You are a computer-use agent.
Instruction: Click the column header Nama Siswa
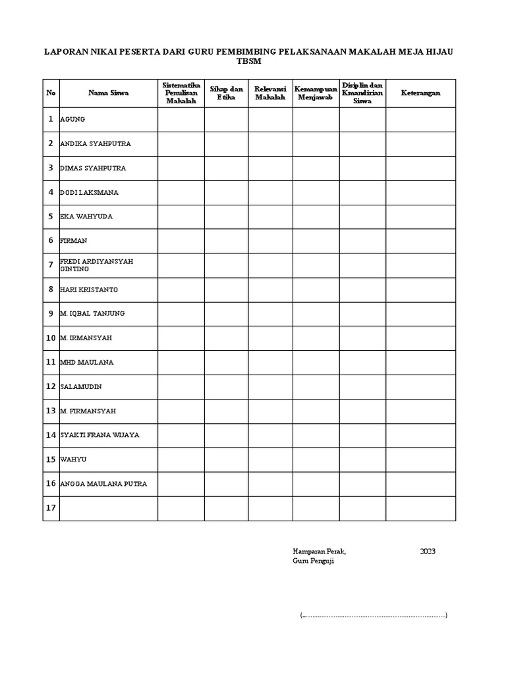click(109, 93)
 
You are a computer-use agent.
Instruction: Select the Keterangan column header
click(420, 93)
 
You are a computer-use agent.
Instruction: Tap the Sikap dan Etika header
click(226, 93)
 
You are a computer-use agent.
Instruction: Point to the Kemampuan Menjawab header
click(316, 93)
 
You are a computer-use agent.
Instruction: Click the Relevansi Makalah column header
click(270, 93)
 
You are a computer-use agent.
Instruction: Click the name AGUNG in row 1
click(72, 120)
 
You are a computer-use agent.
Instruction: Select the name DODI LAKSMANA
click(90, 193)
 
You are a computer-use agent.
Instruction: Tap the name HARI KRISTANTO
click(89, 290)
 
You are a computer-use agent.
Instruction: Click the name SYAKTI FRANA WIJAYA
click(99, 435)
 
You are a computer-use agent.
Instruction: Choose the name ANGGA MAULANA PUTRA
click(103, 484)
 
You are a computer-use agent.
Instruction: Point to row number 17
click(51, 508)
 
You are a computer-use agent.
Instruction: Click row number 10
click(51, 338)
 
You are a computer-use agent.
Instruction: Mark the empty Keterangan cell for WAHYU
click(420, 459)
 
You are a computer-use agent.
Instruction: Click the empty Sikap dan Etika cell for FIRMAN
click(226, 241)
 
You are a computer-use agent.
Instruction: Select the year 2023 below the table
click(428, 552)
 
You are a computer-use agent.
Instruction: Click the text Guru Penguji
click(314, 561)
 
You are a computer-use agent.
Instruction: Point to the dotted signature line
click(374, 615)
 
